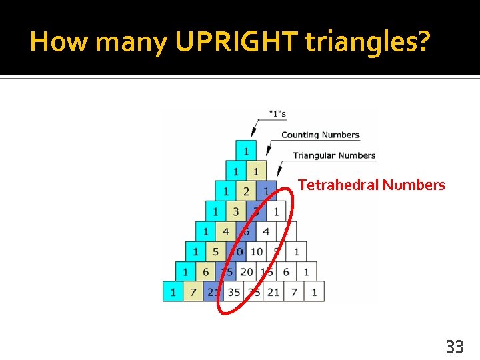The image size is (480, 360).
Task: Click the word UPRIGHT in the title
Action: tap(237, 42)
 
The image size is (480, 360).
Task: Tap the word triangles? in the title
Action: tap(368, 42)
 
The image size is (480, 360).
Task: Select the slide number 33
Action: tap(455, 347)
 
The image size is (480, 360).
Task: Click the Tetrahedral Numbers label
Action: tap(371, 185)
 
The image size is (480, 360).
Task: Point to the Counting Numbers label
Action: tap(320, 135)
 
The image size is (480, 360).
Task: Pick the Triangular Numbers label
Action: tap(334, 155)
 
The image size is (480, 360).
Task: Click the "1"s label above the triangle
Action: tap(277, 114)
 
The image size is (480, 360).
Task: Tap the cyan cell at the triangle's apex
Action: tap(246, 151)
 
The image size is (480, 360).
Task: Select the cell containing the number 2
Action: tap(246, 191)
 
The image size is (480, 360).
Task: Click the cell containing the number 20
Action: tap(246, 272)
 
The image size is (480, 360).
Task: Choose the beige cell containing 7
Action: tap(194, 292)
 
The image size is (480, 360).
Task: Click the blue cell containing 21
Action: tap(214, 292)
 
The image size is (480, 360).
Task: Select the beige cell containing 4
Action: tap(225, 232)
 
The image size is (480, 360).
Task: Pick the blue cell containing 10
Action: tap(236, 252)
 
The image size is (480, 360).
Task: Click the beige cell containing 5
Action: tap(215, 252)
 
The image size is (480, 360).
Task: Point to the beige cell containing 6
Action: tap(205, 272)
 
